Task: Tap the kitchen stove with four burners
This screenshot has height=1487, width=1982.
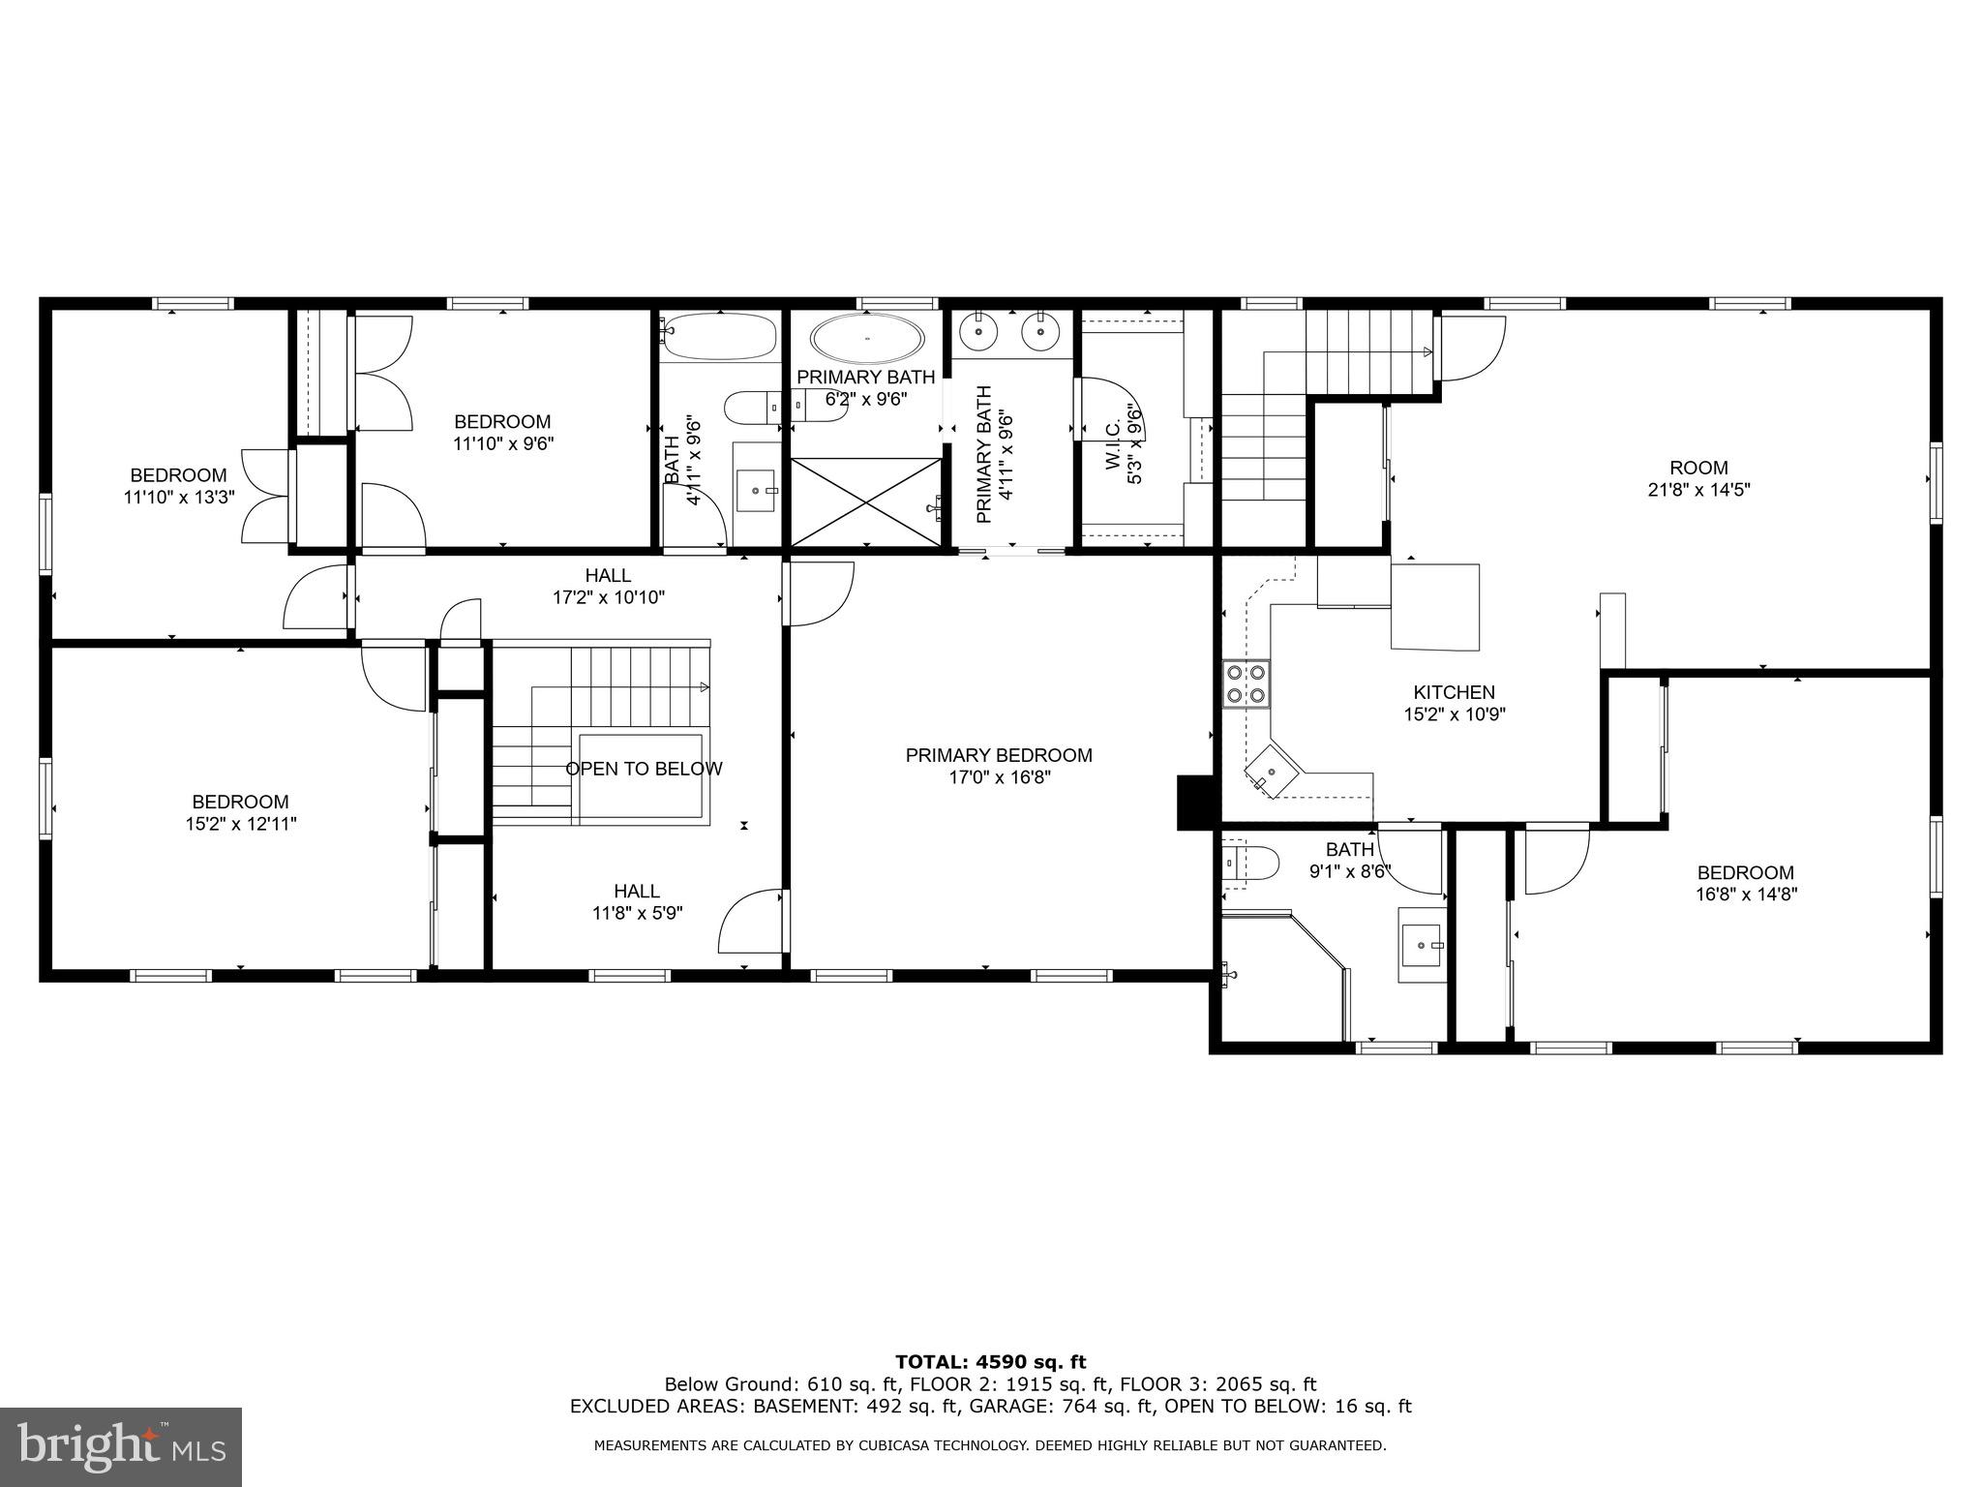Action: pyautogui.click(x=1246, y=683)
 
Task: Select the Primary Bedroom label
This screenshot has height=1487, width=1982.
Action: pyautogui.click(x=999, y=755)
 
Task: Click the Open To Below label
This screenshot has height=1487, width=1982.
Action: pyautogui.click(x=644, y=769)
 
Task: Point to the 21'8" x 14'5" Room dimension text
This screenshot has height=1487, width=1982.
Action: pyautogui.click(x=1698, y=490)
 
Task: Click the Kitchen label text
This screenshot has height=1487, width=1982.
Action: pyautogui.click(x=1454, y=692)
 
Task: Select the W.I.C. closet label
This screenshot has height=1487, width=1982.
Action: pyautogui.click(x=1113, y=445)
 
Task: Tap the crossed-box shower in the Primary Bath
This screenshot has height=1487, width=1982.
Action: pyautogui.click(x=866, y=501)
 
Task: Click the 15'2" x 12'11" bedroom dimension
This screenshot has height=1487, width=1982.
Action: pyautogui.click(x=240, y=824)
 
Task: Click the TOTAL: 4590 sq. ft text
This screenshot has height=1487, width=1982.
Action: pyautogui.click(x=990, y=1363)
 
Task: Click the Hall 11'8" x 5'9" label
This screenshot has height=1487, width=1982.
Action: pyautogui.click(x=637, y=901)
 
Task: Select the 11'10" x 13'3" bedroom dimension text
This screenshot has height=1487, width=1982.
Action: pyautogui.click(x=179, y=498)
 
